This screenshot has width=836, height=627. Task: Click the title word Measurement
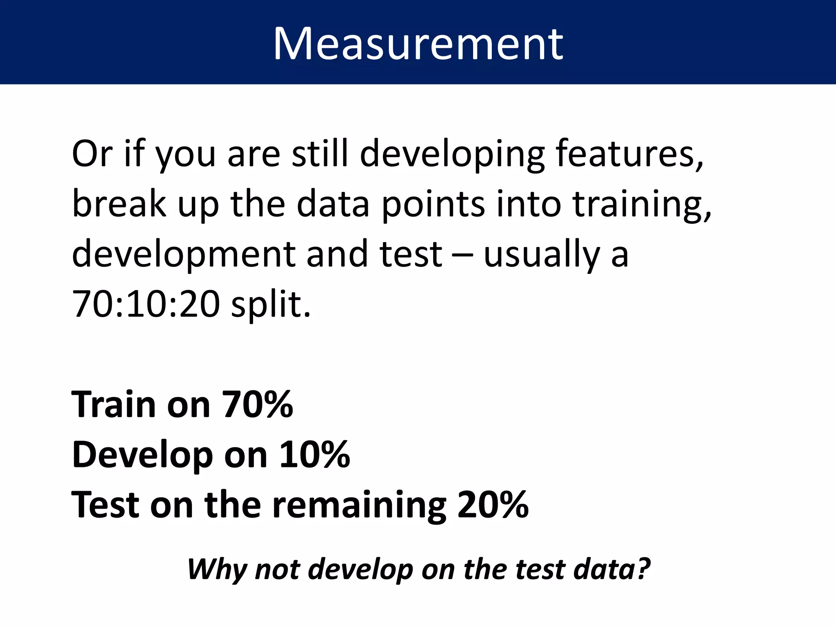(x=418, y=44)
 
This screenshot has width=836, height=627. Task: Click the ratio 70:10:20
(x=146, y=304)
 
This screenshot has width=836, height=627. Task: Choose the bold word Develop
(x=142, y=456)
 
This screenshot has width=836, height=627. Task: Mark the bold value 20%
(x=493, y=505)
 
